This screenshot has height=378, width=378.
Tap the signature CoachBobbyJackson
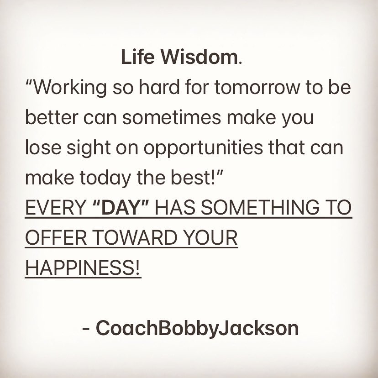197,328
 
